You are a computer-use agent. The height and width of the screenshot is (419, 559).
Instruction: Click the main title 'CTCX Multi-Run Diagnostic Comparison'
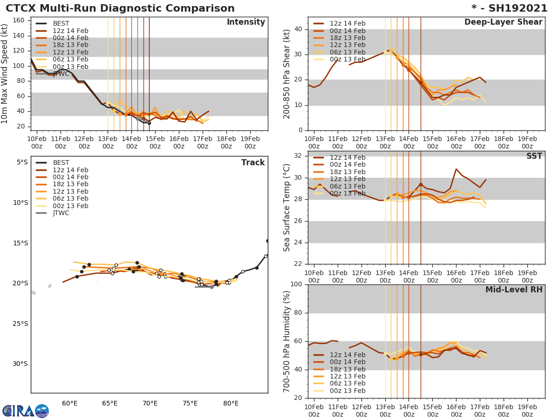(120, 8)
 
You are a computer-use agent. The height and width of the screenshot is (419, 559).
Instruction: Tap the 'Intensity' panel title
(245, 22)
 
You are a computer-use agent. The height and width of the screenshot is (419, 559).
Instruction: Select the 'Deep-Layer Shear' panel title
(503, 22)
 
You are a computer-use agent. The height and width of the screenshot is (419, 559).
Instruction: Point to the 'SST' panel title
(534, 156)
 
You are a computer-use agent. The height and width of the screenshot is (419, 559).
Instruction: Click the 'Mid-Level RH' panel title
(514, 290)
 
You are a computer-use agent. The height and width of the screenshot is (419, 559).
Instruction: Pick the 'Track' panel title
(253, 162)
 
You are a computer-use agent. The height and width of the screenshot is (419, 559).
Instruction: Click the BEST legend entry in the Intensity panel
(61, 23)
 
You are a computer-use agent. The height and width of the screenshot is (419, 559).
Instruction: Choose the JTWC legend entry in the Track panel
(61, 213)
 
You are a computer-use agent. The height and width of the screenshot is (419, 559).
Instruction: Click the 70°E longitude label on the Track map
(150, 404)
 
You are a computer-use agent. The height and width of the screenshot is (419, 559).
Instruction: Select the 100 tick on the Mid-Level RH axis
(296, 284)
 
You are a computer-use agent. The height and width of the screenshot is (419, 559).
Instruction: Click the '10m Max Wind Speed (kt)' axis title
(5, 74)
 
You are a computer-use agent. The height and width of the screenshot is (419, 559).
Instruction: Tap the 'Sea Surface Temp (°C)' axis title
(287, 208)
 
